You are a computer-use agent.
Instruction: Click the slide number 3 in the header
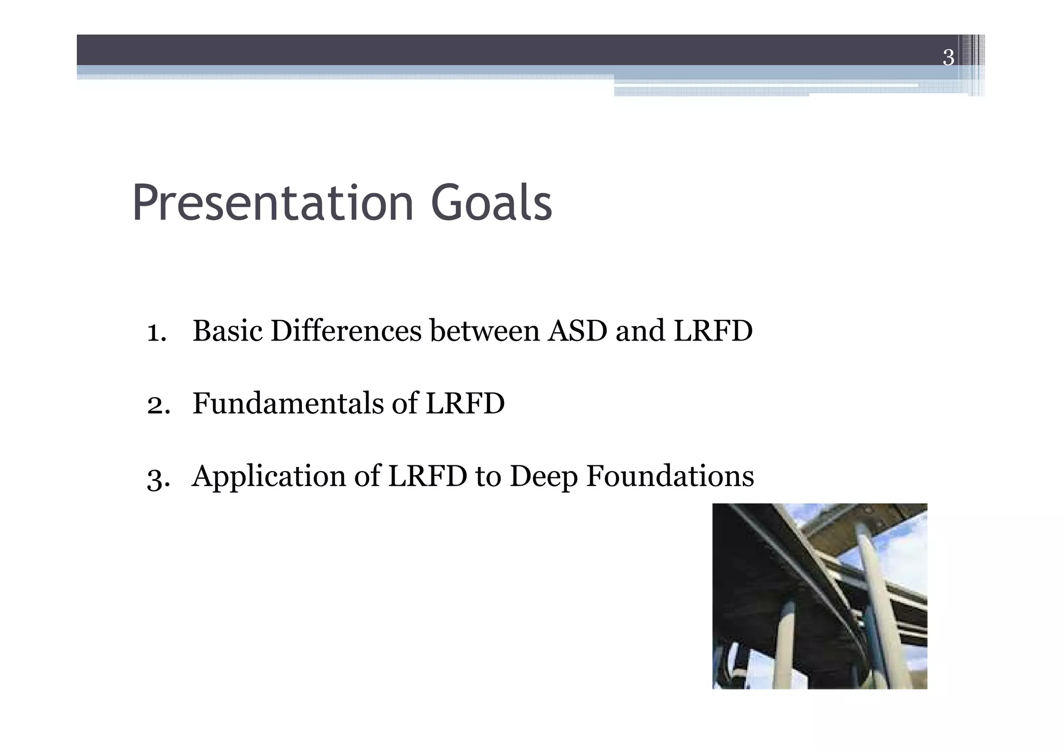[948, 58]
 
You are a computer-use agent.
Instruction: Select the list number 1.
[156, 332]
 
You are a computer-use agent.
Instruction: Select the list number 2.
[158, 405]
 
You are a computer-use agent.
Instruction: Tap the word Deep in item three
[543, 477]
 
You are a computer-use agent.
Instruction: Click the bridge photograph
[819, 596]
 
